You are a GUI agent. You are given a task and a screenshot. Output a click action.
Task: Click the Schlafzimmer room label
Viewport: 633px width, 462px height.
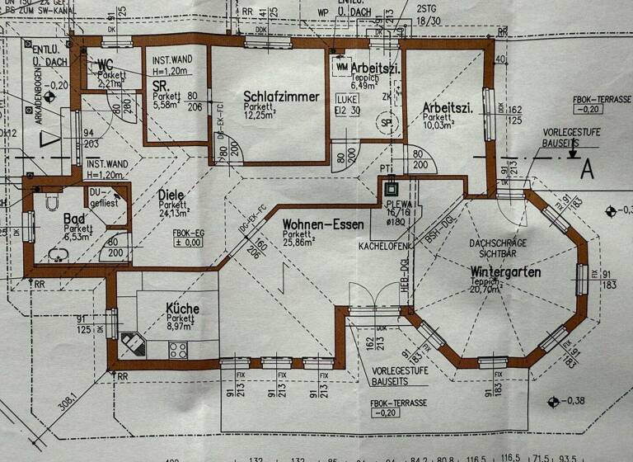pyautogui.click(x=281, y=97)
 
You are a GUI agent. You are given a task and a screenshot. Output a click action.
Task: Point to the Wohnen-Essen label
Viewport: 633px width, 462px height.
pyautogui.click(x=323, y=224)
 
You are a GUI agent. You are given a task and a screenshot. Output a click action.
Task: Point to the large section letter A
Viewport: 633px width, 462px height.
pyautogui.click(x=587, y=169)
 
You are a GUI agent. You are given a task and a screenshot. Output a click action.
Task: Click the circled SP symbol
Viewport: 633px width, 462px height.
pyautogui.click(x=386, y=121)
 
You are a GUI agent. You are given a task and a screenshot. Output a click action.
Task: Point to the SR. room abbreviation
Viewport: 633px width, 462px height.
pyautogui.click(x=161, y=85)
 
